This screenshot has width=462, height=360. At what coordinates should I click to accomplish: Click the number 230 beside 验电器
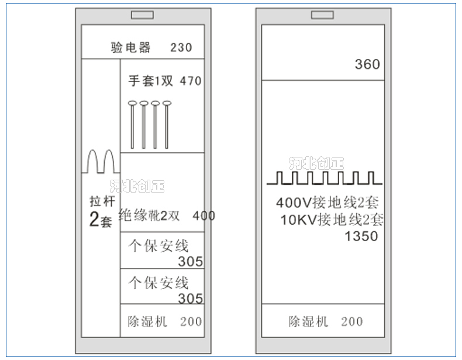(181, 47)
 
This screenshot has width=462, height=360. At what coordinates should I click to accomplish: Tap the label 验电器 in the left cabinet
(131, 47)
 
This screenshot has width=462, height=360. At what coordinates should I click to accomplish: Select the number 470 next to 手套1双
(191, 81)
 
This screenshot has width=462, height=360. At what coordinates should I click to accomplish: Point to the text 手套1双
(151, 81)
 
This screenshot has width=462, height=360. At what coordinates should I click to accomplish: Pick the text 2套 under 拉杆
(100, 221)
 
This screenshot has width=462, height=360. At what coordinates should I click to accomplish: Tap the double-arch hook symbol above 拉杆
(100, 162)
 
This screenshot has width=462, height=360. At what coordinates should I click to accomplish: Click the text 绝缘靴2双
(149, 216)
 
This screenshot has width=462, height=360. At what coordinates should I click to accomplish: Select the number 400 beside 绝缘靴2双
(204, 216)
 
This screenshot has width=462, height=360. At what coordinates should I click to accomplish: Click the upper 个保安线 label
(158, 246)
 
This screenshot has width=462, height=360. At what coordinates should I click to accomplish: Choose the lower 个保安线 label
(158, 283)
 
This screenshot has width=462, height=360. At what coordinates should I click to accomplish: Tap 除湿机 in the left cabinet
(147, 321)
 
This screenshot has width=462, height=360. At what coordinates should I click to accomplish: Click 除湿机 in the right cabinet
(308, 321)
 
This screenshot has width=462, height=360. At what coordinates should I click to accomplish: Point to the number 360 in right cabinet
(367, 64)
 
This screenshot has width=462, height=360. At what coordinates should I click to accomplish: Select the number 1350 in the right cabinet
(361, 236)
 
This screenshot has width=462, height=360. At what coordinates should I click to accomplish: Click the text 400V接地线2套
(327, 204)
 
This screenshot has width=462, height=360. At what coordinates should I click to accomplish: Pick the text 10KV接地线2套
(332, 220)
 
